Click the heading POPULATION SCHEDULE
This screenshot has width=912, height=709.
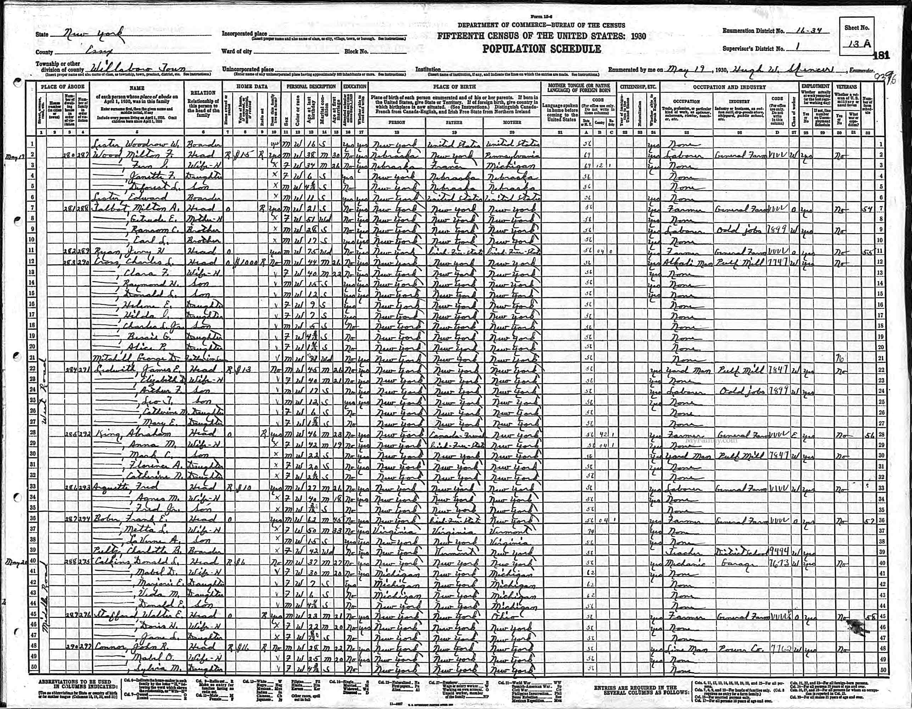coord(542,49)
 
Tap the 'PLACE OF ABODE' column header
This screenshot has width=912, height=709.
coord(63,87)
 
